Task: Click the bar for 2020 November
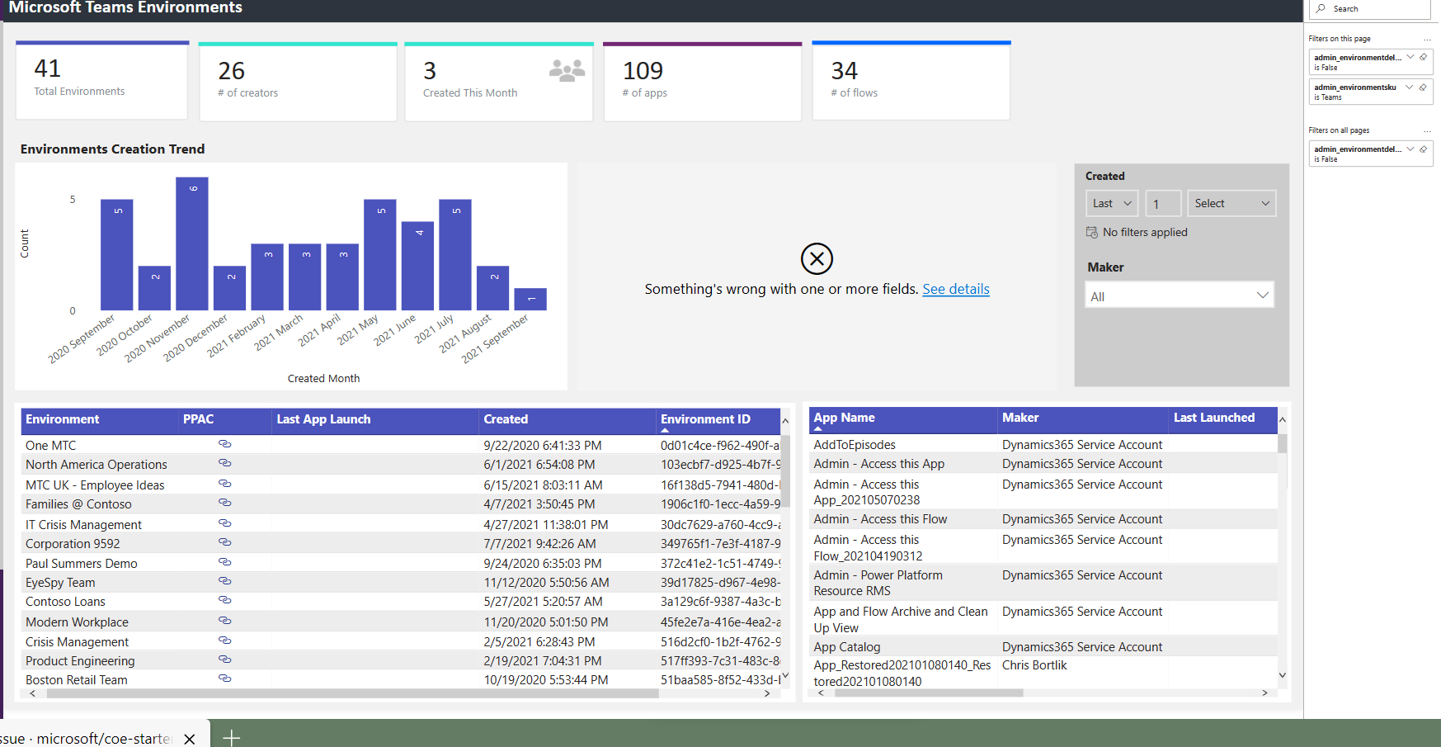(x=192, y=243)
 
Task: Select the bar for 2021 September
(x=530, y=299)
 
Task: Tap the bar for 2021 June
(x=418, y=266)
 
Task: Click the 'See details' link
(x=955, y=290)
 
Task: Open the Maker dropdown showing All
(x=1179, y=295)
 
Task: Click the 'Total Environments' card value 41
(x=48, y=69)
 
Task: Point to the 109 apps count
(x=643, y=71)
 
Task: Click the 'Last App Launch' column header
(x=323, y=419)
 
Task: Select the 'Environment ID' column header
(x=705, y=419)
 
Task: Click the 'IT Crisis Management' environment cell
(x=83, y=525)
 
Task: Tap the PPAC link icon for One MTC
(x=224, y=444)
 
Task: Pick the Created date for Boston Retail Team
(x=545, y=680)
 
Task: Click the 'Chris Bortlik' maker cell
(x=1034, y=665)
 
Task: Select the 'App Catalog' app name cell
(x=846, y=647)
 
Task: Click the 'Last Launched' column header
(x=1213, y=418)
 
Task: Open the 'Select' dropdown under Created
(x=1231, y=203)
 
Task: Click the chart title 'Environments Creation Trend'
(x=113, y=149)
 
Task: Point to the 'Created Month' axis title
(x=323, y=379)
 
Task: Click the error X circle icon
(x=817, y=258)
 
